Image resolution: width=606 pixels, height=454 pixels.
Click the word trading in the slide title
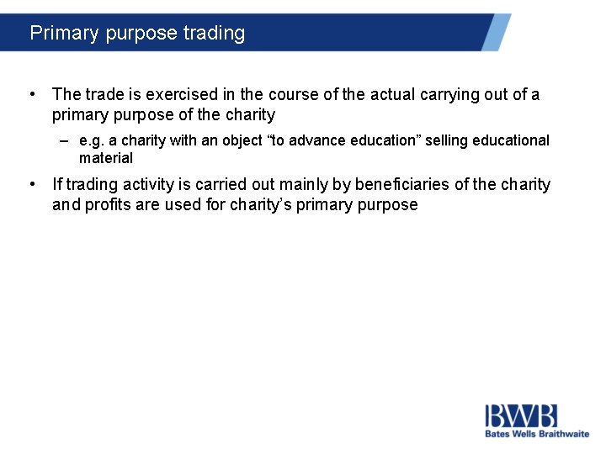click(214, 33)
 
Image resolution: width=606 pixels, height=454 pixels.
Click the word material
click(106, 158)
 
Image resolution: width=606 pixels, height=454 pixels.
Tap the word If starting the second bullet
click(57, 185)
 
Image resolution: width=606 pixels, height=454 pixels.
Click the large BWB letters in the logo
click(521, 416)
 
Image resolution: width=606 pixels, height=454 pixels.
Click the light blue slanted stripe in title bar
click(496, 32)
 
